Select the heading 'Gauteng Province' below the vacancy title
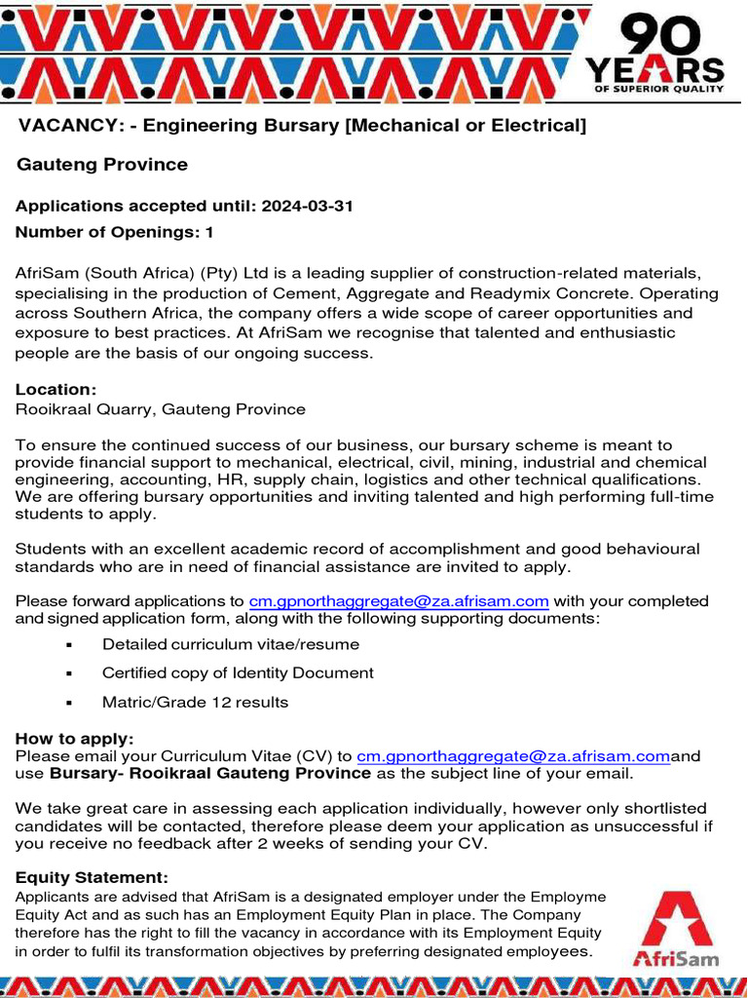pyautogui.click(x=102, y=165)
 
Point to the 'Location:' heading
pyautogui.click(x=56, y=390)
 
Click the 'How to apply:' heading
pyautogui.click(x=74, y=739)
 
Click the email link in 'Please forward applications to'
pyautogui.click(x=399, y=601)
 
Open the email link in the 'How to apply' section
pyautogui.click(x=513, y=756)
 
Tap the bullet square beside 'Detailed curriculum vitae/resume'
pyautogui.click(x=69, y=646)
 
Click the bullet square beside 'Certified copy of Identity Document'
pyautogui.click(x=69, y=674)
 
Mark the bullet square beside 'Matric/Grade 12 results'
pyautogui.click(x=69, y=703)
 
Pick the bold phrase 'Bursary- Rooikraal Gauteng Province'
pyautogui.click(x=210, y=774)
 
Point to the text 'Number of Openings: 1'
pyautogui.click(x=114, y=233)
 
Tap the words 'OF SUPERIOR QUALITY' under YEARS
pyautogui.click(x=659, y=89)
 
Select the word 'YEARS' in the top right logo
pyautogui.click(x=654, y=69)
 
